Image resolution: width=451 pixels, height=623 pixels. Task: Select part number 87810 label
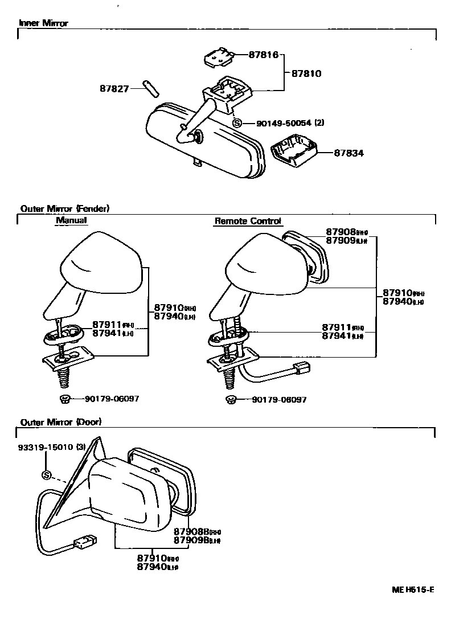click(x=306, y=73)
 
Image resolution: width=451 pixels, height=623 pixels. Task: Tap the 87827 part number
click(x=114, y=89)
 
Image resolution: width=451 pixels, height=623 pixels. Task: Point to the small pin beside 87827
click(x=151, y=89)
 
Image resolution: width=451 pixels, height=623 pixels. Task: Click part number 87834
click(x=349, y=153)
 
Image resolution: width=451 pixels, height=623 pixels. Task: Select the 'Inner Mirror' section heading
click(x=43, y=23)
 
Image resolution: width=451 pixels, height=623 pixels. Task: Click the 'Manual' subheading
click(x=71, y=220)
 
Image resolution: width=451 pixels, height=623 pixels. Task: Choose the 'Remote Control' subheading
click(x=248, y=221)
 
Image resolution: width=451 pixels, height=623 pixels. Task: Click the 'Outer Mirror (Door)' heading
click(x=61, y=422)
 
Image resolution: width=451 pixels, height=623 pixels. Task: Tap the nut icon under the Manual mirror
click(x=64, y=399)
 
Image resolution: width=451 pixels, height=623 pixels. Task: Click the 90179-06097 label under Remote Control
click(x=279, y=400)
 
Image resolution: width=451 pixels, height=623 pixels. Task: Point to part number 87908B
click(x=190, y=531)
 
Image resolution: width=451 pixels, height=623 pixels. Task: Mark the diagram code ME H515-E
click(x=412, y=589)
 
